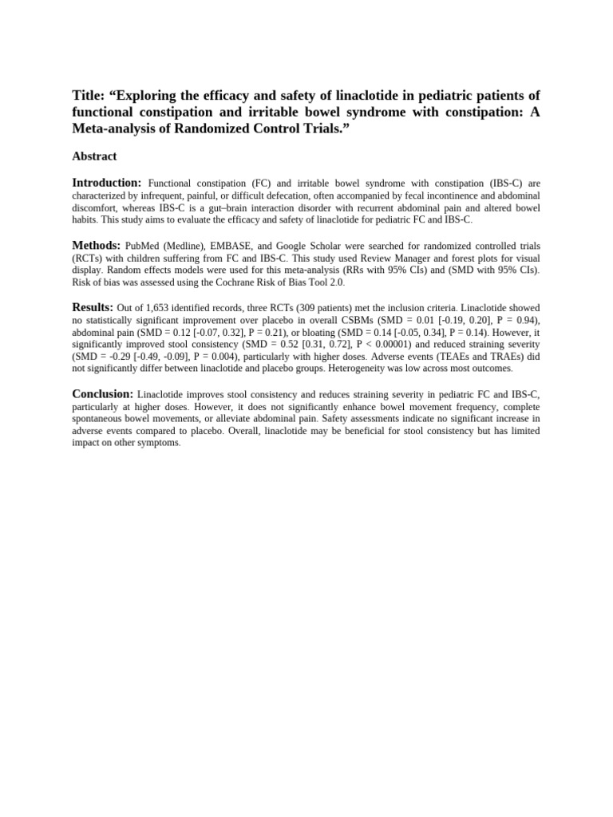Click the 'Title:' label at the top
(x=90, y=96)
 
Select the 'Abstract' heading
(x=94, y=156)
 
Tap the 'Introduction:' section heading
(x=107, y=183)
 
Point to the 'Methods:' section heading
(x=97, y=245)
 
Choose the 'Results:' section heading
(x=93, y=307)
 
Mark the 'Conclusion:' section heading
(x=102, y=393)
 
